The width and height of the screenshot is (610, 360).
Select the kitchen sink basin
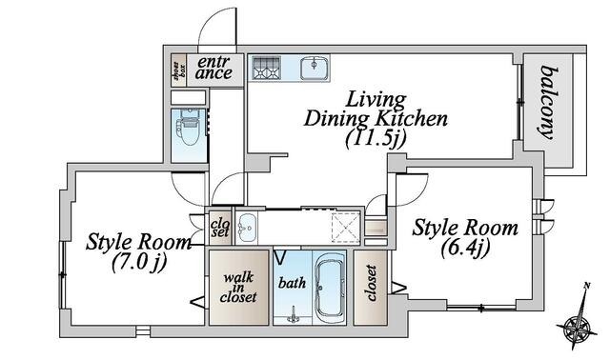click(x=314, y=68)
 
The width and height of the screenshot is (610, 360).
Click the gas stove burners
click(x=266, y=68)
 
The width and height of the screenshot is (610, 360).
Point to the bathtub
click(x=330, y=287)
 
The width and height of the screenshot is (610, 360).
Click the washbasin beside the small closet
click(x=246, y=228)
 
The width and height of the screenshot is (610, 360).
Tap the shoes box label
click(x=179, y=70)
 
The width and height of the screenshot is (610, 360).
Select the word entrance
click(x=213, y=68)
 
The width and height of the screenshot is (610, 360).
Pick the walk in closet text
click(x=238, y=288)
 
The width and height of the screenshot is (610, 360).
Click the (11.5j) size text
click(x=376, y=139)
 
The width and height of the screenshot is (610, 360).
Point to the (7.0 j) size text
click(x=139, y=263)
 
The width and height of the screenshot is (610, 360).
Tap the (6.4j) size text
click(x=465, y=248)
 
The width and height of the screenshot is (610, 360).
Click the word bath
click(x=292, y=283)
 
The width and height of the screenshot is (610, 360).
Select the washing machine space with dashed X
click(x=345, y=228)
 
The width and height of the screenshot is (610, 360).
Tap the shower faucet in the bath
click(x=293, y=314)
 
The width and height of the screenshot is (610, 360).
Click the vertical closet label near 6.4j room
click(x=371, y=283)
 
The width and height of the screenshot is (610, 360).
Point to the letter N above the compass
click(x=587, y=286)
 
